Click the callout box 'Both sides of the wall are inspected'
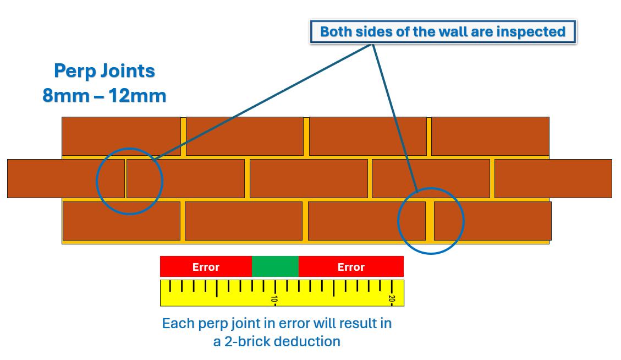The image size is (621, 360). pos(443,32)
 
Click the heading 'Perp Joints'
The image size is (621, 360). pos(105,71)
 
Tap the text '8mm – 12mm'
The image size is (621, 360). pos(105,96)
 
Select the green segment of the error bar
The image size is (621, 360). pos(275,267)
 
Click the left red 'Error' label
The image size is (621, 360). pos(206,267)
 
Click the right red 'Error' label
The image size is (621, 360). pos(351,267)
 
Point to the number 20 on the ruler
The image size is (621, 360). pos(392,299)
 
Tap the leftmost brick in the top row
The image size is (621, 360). pos(121,136)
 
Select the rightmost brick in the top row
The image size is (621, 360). pos(490,136)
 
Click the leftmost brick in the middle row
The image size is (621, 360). pos(65,178)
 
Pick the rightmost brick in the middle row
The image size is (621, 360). pos(553,178)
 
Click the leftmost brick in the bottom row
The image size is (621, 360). pos(122,221)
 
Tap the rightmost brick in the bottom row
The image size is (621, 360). pos(492,221)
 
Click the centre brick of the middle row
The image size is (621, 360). pos(309,178)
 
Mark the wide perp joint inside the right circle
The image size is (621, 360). pos(430,221)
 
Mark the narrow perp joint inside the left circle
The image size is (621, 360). pos(125,178)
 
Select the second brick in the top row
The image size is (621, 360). pos(245,136)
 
